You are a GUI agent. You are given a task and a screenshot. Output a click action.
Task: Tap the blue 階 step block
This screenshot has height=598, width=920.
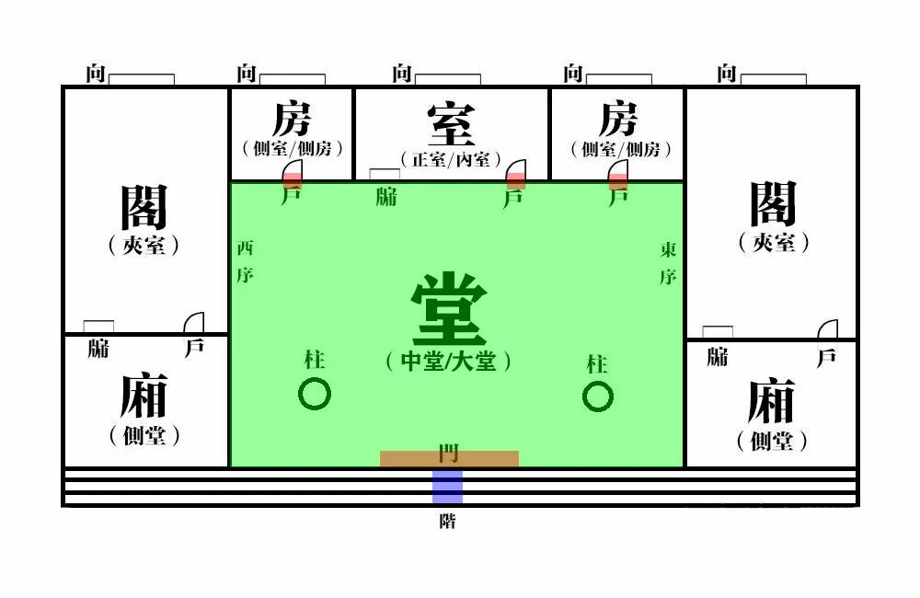(447, 487)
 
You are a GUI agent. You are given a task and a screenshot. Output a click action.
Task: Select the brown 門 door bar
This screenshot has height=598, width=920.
(449, 458)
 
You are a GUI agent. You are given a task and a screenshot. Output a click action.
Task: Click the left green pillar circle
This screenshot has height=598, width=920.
(315, 395)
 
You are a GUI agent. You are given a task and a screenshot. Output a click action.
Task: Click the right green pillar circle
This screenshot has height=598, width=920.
(597, 397)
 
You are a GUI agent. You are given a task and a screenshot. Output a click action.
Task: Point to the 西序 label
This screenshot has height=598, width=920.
(244, 261)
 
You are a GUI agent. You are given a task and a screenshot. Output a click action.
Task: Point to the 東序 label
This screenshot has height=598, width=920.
(669, 261)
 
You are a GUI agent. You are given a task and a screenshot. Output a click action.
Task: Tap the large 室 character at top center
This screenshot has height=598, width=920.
(451, 124)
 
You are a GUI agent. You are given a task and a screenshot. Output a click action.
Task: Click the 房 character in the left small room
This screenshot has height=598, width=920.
(292, 120)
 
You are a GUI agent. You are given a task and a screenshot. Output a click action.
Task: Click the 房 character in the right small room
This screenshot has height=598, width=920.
(618, 120)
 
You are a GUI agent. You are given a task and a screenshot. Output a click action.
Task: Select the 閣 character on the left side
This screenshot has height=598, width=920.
(144, 206)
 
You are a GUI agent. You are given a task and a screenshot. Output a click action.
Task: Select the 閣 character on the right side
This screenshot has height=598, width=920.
(773, 203)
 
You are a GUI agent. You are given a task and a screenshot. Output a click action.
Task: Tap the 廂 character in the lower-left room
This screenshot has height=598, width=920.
(144, 397)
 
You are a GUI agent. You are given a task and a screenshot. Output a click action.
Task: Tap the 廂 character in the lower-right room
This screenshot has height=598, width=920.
(771, 401)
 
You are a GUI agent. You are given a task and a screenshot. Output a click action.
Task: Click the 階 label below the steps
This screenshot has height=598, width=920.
(447, 522)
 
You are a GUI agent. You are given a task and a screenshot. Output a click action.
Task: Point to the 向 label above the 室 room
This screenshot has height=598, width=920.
(402, 74)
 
